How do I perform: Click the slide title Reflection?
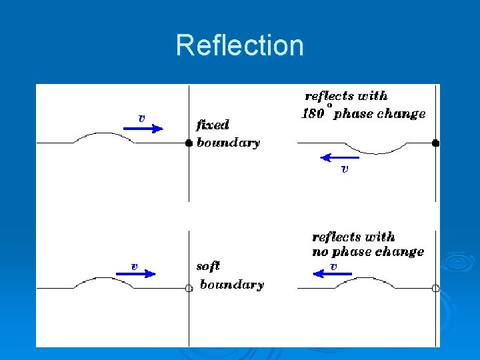coord(239,45)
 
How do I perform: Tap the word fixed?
coord(213,125)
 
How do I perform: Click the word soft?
coord(208,266)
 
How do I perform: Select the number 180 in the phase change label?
coord(313,113)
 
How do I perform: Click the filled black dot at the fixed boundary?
coord(189,143)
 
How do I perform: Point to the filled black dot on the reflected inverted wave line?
coord(435,143)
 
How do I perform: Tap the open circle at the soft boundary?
coord(189,288)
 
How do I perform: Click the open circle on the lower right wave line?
coord(435,288)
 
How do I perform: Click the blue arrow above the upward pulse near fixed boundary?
coord(143,128)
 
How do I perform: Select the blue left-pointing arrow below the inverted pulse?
coord(339,158)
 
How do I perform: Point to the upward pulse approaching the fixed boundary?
coord(103,137)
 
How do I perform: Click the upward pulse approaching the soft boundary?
coord(103,282)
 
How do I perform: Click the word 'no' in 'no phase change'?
coord(320,252)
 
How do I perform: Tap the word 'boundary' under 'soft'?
coord(232,285)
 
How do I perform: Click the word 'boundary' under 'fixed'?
coord(228,143)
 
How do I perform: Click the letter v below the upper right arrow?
coord(344,169)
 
